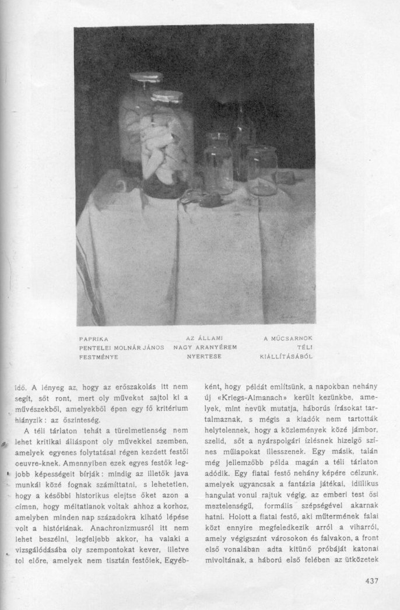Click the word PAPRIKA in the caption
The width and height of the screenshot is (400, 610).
tap(94, 338)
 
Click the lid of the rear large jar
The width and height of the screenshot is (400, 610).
tap(145, 76)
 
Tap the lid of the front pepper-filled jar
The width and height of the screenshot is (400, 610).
tap(167, 97)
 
